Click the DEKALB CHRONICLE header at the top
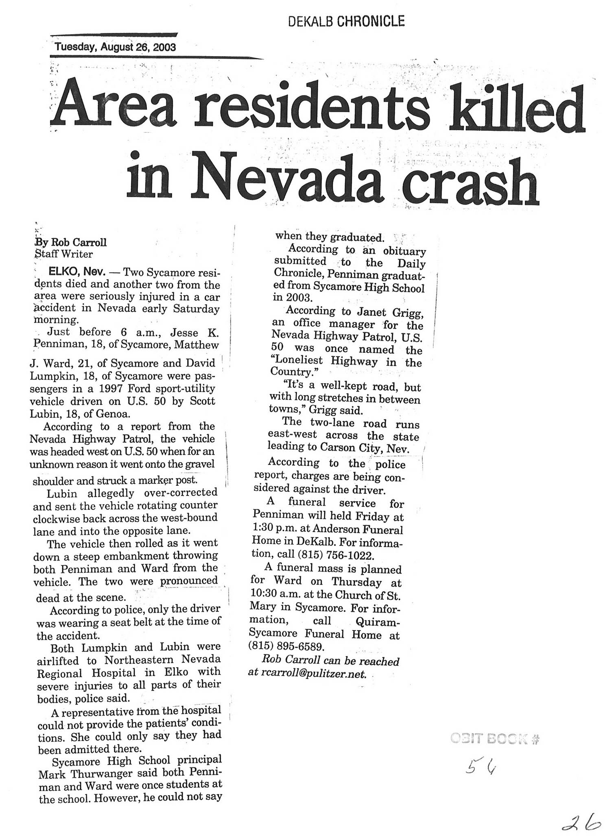click(346, 21)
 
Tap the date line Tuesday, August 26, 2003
click(115, 47)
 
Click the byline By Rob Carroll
click(71, 242)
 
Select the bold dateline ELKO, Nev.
click(75, 271)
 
